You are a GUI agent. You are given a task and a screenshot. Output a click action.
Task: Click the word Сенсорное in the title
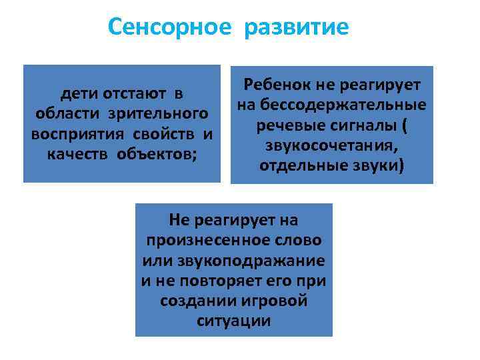(x=169, y=28)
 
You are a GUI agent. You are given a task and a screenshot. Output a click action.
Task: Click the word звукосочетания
(x=331, y=145)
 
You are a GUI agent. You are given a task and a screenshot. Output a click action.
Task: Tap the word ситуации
(x=234, y=321)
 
